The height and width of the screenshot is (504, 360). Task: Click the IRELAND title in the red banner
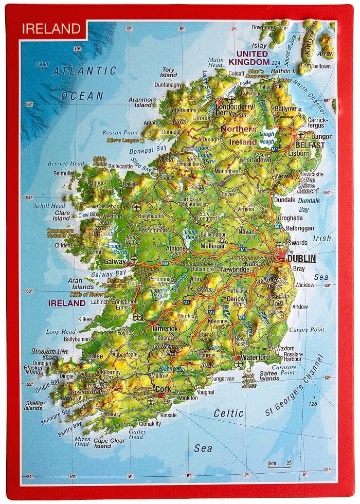[51, 28]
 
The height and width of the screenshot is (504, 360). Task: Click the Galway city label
[115, 261]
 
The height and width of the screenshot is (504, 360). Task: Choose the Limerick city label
[165, 329]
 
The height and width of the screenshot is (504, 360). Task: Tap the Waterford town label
[255, 357]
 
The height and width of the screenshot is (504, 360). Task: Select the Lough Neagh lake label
[267, 138]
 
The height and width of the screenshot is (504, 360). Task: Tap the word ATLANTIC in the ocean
[84, 71]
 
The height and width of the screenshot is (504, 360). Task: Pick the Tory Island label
[168, 73]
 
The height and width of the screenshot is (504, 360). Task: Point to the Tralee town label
[95, 356]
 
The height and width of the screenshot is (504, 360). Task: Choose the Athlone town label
[175, 248]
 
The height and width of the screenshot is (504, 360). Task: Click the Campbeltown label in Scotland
[314, 66]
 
